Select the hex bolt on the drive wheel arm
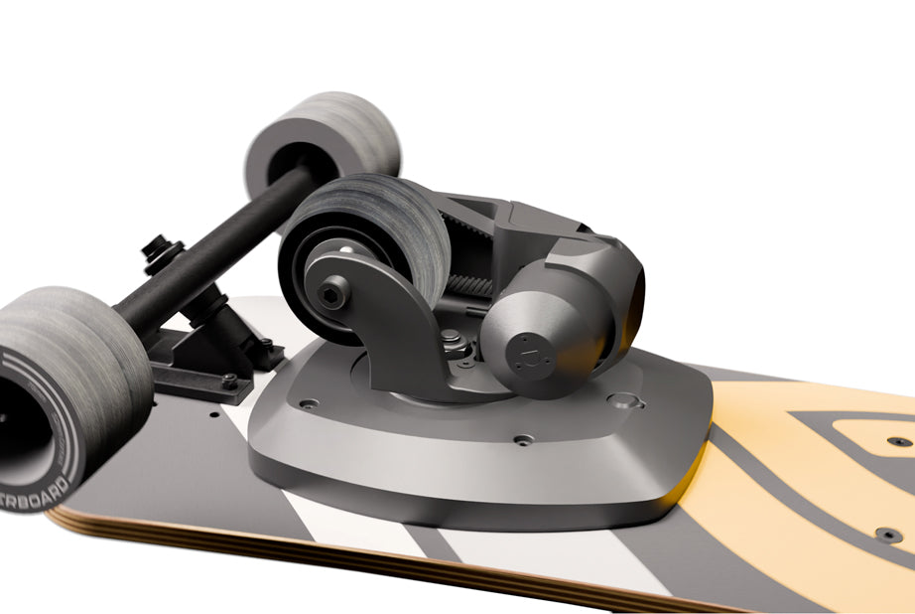333,293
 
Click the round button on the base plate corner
624,401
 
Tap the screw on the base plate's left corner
309,404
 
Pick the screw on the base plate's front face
523,438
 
